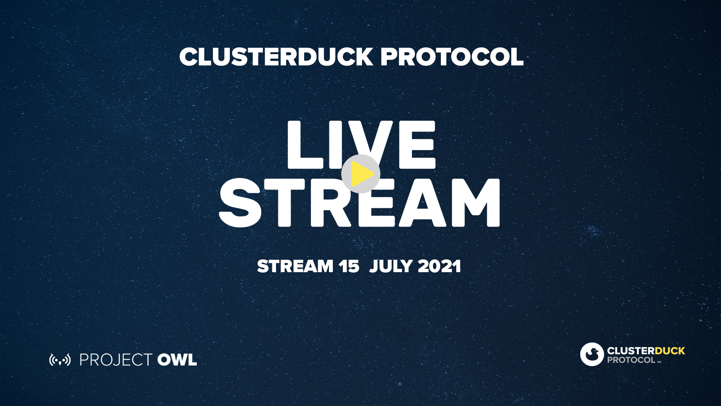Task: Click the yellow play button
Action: click(x=360, y=174)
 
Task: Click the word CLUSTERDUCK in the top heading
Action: click(x=276, y=57)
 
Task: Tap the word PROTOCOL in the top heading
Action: click(x=452, y=57)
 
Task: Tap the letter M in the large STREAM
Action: click(x=476, y=203)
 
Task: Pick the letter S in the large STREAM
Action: click(x=240, y=203)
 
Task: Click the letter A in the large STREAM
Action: click(x=422, y=203)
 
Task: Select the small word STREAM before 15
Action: click(x=295, y=267)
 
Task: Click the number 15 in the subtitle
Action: click(x=349, y=267)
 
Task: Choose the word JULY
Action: click(x=391, y=267)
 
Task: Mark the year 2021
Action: click(x=439, y=267)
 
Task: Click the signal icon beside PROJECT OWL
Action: click(x=60, y=360)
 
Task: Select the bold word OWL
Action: click(x=177, y=360)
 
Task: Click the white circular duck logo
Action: click(x=592, y=354)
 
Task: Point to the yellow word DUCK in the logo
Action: click(x=670, y=351)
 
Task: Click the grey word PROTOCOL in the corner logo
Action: click(x=631, y=360)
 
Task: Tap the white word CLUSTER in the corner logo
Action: click(x=631, y=351)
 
